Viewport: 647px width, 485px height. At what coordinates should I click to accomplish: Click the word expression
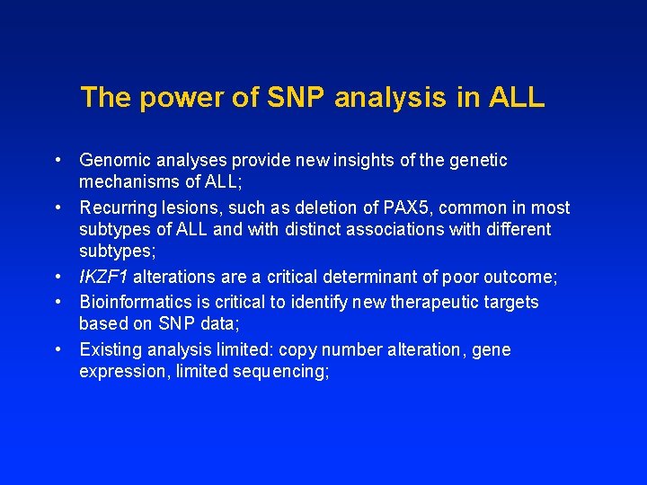click(118, 371)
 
